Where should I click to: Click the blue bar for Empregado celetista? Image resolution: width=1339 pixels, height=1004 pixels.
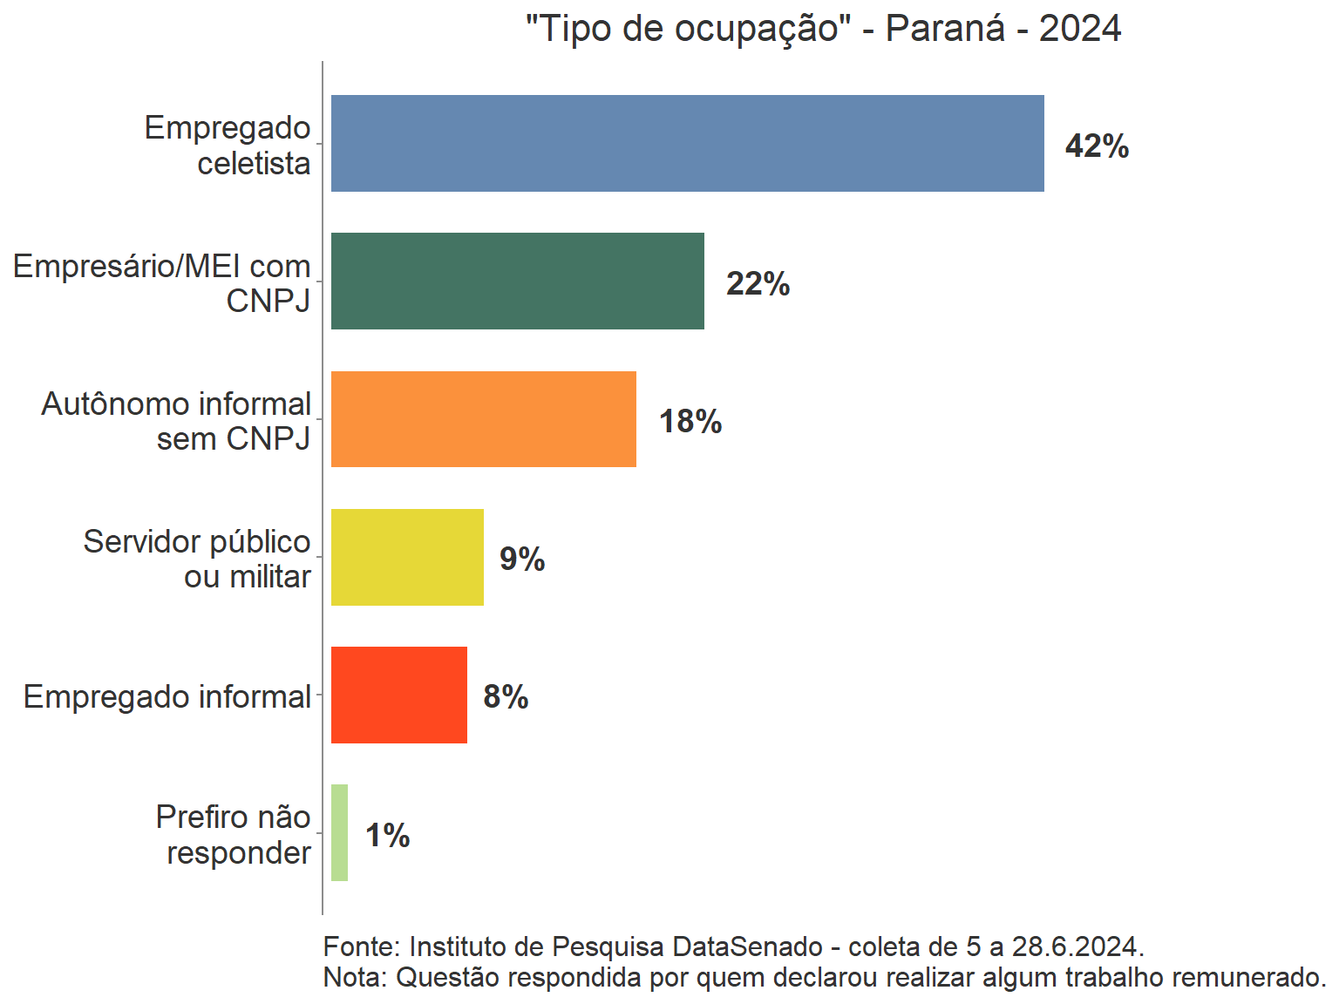[687, 143]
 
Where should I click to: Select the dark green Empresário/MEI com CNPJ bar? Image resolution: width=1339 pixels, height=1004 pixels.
[517, 281]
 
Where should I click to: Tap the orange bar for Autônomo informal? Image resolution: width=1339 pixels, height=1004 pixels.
[483, 419]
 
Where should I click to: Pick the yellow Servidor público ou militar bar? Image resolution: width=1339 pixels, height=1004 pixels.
[407, 557]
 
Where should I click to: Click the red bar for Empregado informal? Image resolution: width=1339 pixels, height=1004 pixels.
[398, 695]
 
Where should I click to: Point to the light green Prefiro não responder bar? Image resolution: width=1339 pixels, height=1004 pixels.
[339, 832]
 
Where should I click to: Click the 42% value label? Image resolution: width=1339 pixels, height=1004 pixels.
[1097, 146]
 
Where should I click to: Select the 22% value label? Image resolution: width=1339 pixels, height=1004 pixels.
[758, 283]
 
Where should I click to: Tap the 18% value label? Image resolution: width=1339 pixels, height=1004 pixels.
[690, 421]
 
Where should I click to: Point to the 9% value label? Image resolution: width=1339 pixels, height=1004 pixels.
[521, 559]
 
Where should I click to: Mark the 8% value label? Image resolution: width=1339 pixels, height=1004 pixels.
[506, 696]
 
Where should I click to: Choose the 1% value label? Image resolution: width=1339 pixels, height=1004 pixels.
[387, 835]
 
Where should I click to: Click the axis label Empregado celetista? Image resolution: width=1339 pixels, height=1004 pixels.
[228, 145]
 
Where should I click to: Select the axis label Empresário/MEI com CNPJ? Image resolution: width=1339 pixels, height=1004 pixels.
[162, 282]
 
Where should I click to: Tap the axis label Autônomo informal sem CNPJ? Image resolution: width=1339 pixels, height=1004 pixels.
[176, 421]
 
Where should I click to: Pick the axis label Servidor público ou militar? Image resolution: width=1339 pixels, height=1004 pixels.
[197, 559]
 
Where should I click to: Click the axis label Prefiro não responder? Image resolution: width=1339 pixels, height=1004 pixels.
[234, 834]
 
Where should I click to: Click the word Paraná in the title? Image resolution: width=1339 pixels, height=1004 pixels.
[945, 29]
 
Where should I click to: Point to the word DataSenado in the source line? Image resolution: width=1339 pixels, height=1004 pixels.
[747, 946]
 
